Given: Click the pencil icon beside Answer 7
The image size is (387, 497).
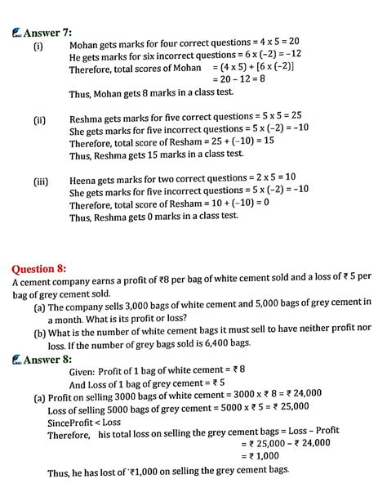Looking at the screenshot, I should (x=16, y=34).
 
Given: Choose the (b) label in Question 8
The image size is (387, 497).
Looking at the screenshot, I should (x=39, y=333).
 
